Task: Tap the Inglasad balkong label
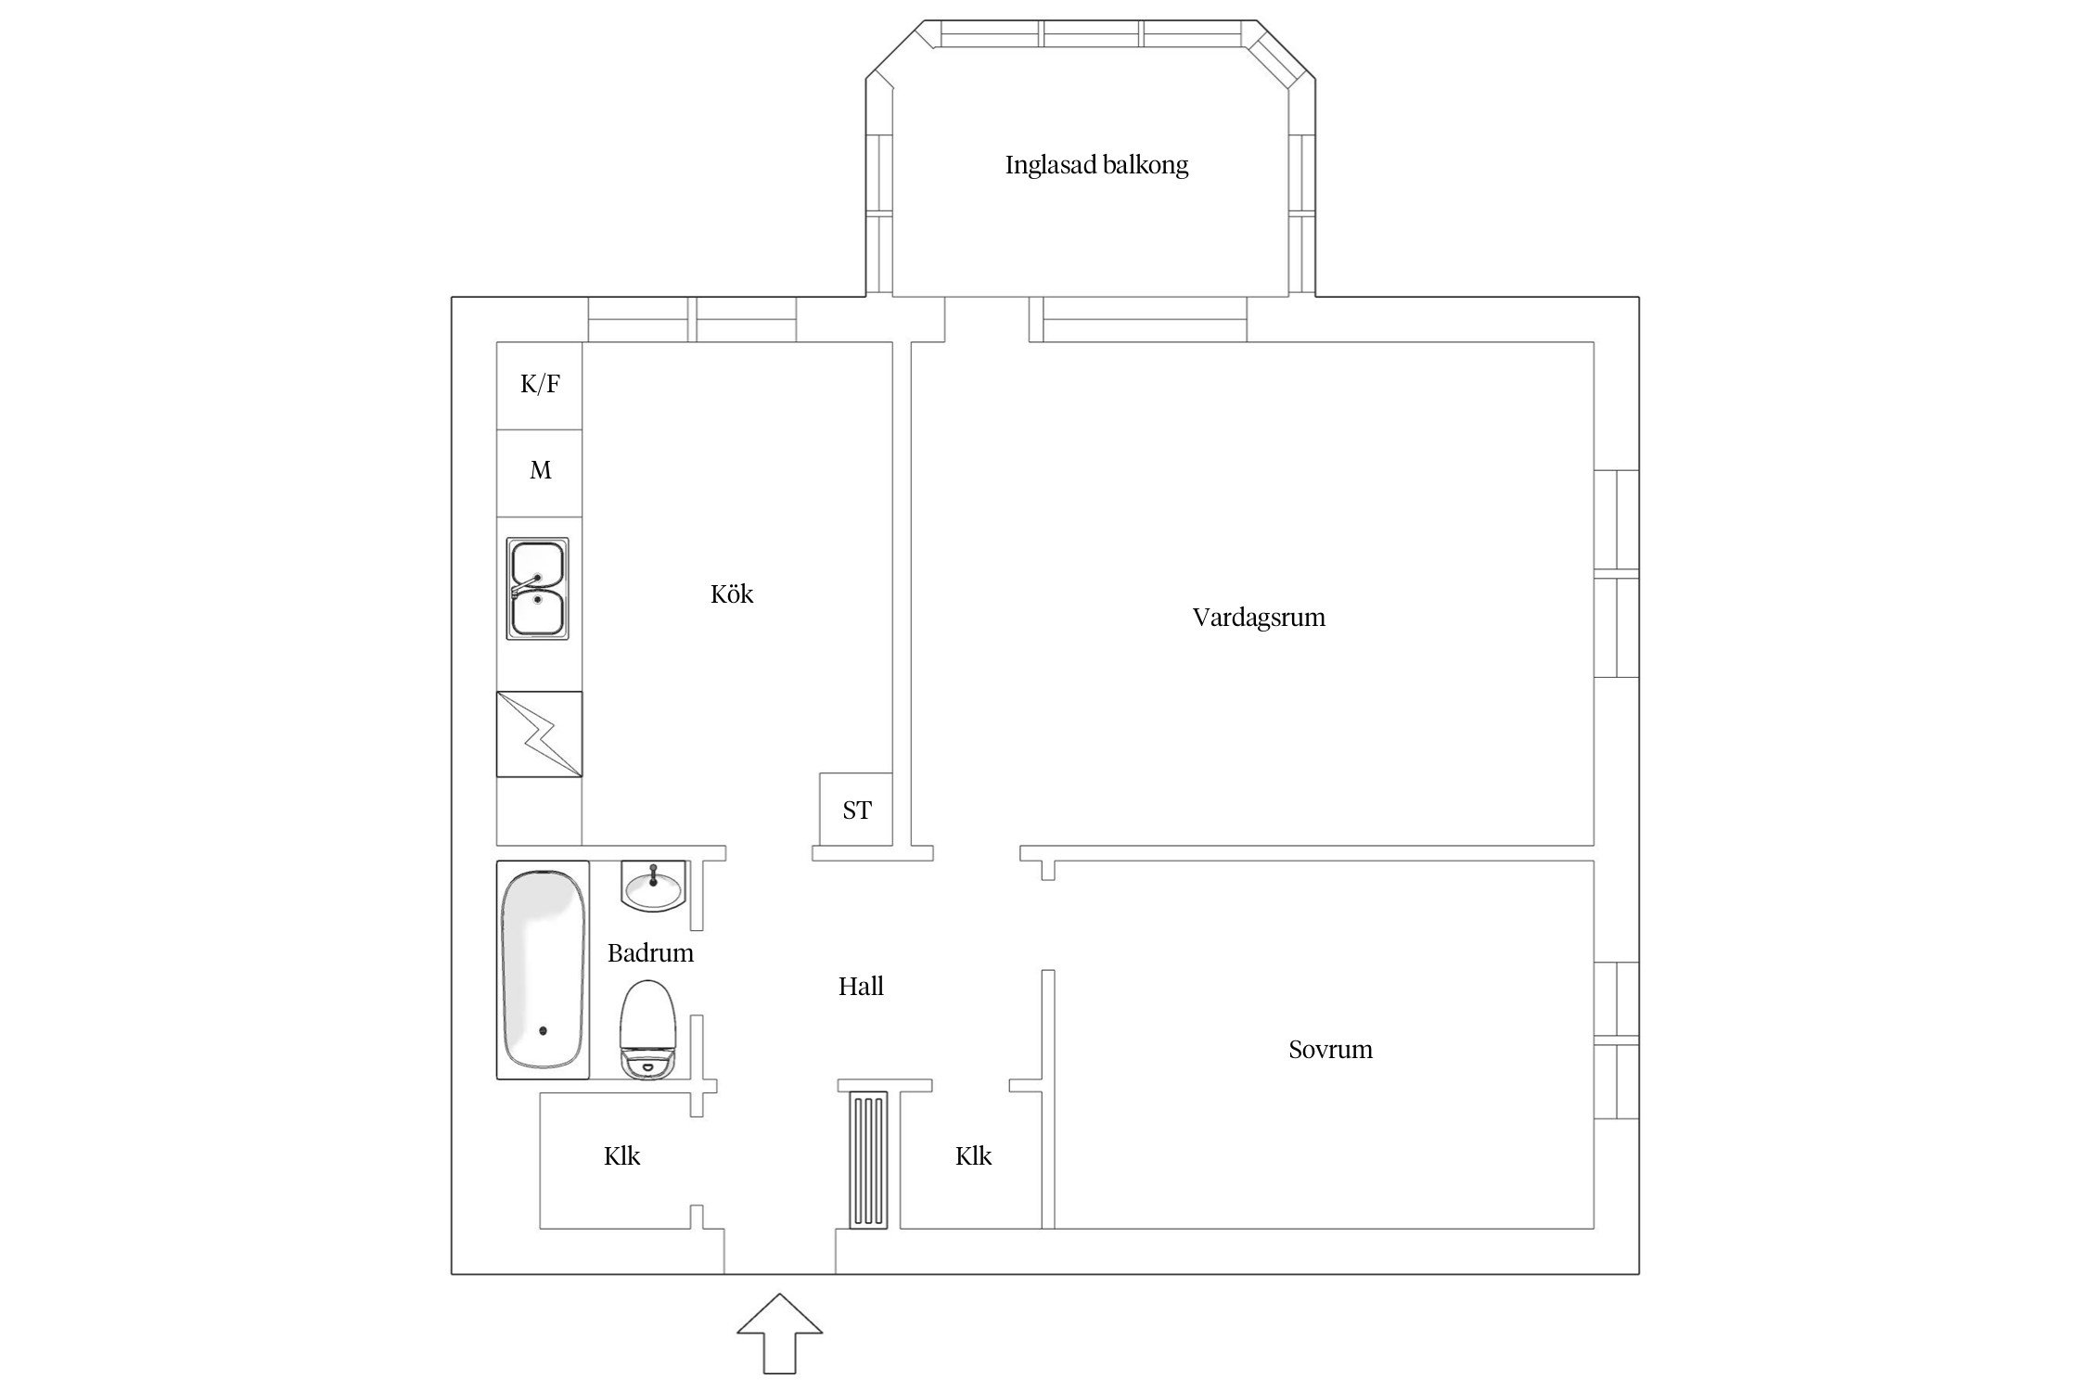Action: pyautogui.click(x=1096, y=166)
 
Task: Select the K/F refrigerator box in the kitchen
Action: pyautogui.click(x=540, y=385)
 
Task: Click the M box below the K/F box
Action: pyautogui.click(x=540, y=472)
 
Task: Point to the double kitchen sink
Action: pyautogui.click(x=537, y=588)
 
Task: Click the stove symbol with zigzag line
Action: pyautogui.click(x=539, y=734)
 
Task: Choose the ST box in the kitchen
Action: pyautogui.click(x=856, y=810)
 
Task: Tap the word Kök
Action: pyautogui.click(x=732, y=594)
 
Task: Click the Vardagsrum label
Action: pyautogui.click(x=1258, y=618)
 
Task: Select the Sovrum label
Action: pyautogui.click(x=1329, y=1050)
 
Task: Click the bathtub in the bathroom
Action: pyautogui.click(x=543, y=970)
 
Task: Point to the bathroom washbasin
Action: pyautogui.click(x=653, y=887)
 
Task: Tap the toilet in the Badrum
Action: pyautogui.click(x=649, y=1030)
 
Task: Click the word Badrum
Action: pyautogui.click(x=650, y=953)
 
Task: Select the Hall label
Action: pyautogui.click(x=860, y=987)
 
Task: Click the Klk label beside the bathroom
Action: pyautogui.click(x=621, y=1156)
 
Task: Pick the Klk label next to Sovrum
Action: pyautogui.click(x=973, y=1156)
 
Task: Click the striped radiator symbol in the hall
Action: pyautogui.click(x=867, y=1159)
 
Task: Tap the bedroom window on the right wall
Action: pyautogui.click(x=1617, y=1040)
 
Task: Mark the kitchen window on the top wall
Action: pyautogui.click(x=692, y=320)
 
